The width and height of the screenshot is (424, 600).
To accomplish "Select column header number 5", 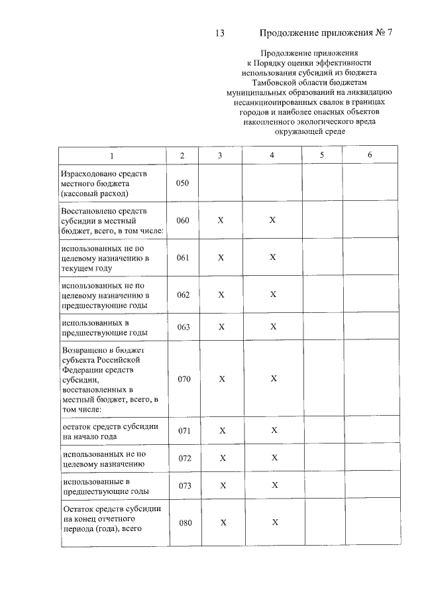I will pos(321,155).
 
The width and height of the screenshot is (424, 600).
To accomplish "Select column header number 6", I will pos(370,155).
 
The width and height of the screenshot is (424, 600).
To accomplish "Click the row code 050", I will pos(184,183).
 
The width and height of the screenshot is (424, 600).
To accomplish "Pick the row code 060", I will pos(184,220).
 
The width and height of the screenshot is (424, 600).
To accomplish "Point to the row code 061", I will pos(184,257).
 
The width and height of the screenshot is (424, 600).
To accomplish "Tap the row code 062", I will pos(184,294).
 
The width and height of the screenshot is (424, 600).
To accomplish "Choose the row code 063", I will pos(184,327).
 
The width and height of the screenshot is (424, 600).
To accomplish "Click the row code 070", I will pos(184,379).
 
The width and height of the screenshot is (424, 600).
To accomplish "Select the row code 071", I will pos(184,431).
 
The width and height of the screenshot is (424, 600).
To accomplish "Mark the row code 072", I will pos(184,459).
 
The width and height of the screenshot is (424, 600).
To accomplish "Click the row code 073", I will pos(184,486).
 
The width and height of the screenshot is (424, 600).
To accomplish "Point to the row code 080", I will pos(185,523).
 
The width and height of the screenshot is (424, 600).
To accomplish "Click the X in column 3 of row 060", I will pos(221,220).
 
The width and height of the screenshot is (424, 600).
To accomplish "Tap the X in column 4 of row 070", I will pos(273,379).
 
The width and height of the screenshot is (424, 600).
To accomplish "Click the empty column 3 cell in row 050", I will pos(221,183).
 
